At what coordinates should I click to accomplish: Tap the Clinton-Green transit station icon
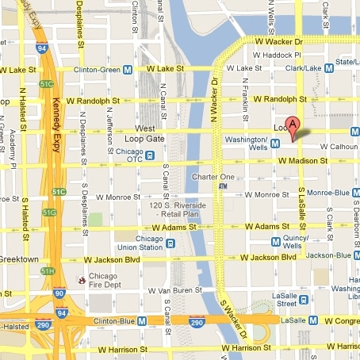[128, 70]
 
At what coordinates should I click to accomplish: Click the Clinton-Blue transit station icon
[141, 320]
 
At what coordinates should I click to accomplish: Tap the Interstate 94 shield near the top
[41, 48]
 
